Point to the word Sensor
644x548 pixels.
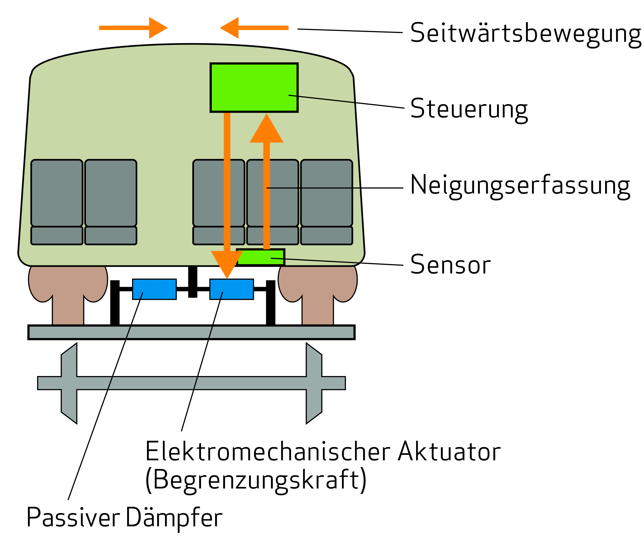[450, 265]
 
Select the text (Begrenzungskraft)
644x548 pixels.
[256, 480]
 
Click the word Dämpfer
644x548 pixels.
[174, 517]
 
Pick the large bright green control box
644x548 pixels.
[254, 88]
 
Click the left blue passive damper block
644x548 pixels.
[154, 289]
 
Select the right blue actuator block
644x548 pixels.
[232, 289]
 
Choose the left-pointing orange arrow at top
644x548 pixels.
[254, 28]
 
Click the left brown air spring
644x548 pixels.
[68, 289]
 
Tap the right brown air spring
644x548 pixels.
[317, 289]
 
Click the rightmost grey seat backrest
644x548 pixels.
[326, 193]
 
